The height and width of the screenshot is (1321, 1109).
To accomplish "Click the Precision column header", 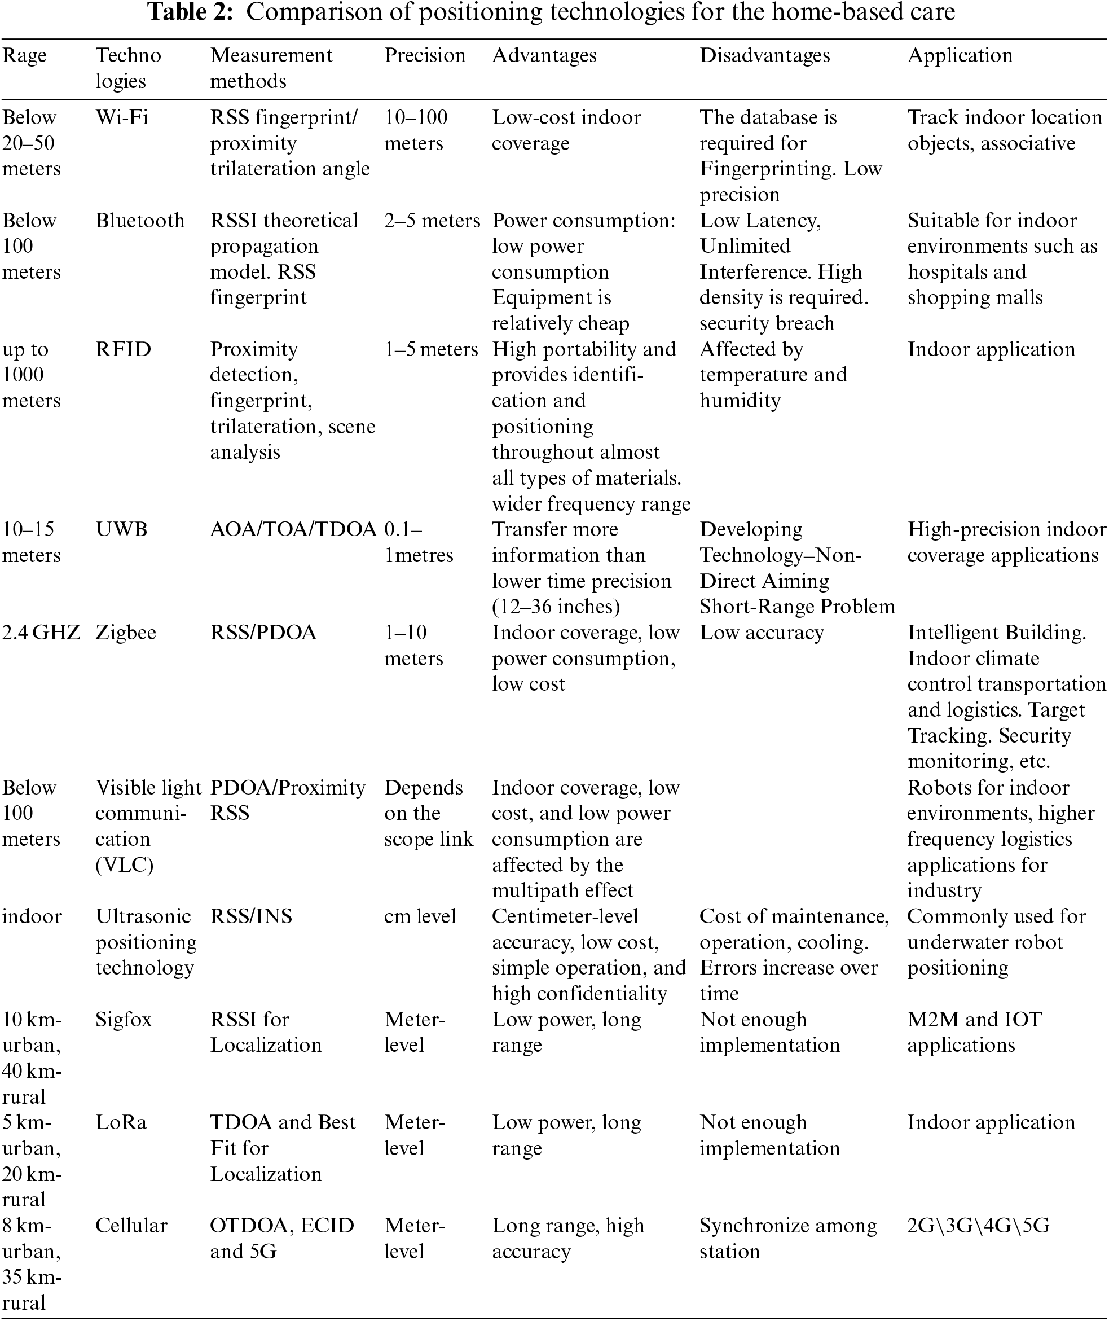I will coord(424,55).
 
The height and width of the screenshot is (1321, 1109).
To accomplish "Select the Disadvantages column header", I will coord(764,55).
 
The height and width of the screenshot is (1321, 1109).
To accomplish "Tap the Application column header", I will coord(960,55).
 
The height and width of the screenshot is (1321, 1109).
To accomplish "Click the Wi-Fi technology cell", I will coord(122,117).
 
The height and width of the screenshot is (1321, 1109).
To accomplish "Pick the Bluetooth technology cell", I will coord(139,220).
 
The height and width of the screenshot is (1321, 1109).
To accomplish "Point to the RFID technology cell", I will coord(123,349).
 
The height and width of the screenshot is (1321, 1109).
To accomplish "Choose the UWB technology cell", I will coord(121,529).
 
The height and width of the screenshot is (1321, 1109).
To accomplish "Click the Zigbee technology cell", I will coord(126,632).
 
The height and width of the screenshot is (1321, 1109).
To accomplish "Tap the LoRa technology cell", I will coord(121,1122).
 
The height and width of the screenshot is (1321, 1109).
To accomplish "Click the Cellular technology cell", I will coord(131,1226).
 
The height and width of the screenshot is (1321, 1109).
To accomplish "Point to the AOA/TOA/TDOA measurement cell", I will coord(293,529).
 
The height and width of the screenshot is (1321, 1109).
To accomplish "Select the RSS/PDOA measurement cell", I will coord(263,632).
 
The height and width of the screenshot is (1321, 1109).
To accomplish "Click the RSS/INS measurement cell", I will coord(251,916).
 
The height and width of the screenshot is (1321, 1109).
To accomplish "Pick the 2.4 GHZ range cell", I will coord(41,632).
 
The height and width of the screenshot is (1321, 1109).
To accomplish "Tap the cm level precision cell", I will coord(420,916).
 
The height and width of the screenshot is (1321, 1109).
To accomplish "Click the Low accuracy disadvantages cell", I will coord(762,632).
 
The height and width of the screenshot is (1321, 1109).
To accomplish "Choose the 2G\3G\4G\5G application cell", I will coord(978,1226).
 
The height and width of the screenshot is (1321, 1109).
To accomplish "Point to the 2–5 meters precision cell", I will coord(432,220).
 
